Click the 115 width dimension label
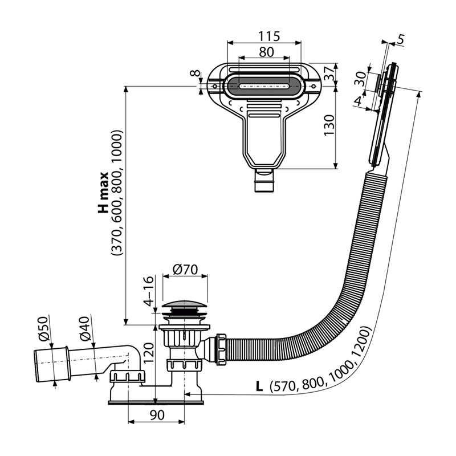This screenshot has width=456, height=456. pos(269,36)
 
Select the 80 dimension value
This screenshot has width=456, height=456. pos(266,52)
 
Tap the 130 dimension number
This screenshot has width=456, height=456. pos(329,125)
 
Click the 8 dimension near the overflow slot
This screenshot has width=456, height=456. pos(196,73)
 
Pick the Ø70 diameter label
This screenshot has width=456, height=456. pos(185,269)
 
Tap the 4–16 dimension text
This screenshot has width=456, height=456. pos(149,291)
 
